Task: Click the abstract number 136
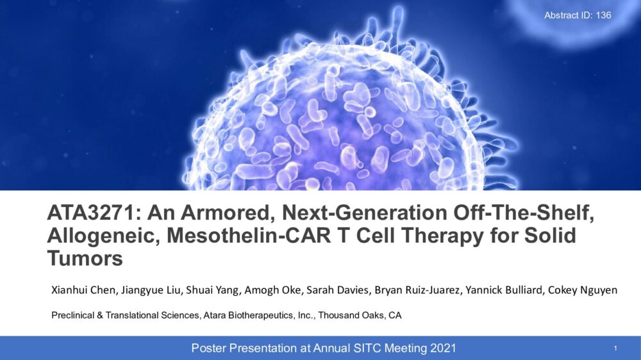[x=603, y=15]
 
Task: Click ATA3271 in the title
[x=94, y=213]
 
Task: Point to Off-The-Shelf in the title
[x=524, y=213]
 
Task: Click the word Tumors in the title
[x=85, y=259]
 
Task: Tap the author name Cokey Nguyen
[x=583, y=290]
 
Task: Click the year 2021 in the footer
[x=443, y=348]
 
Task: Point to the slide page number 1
[x=615, y=348]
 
